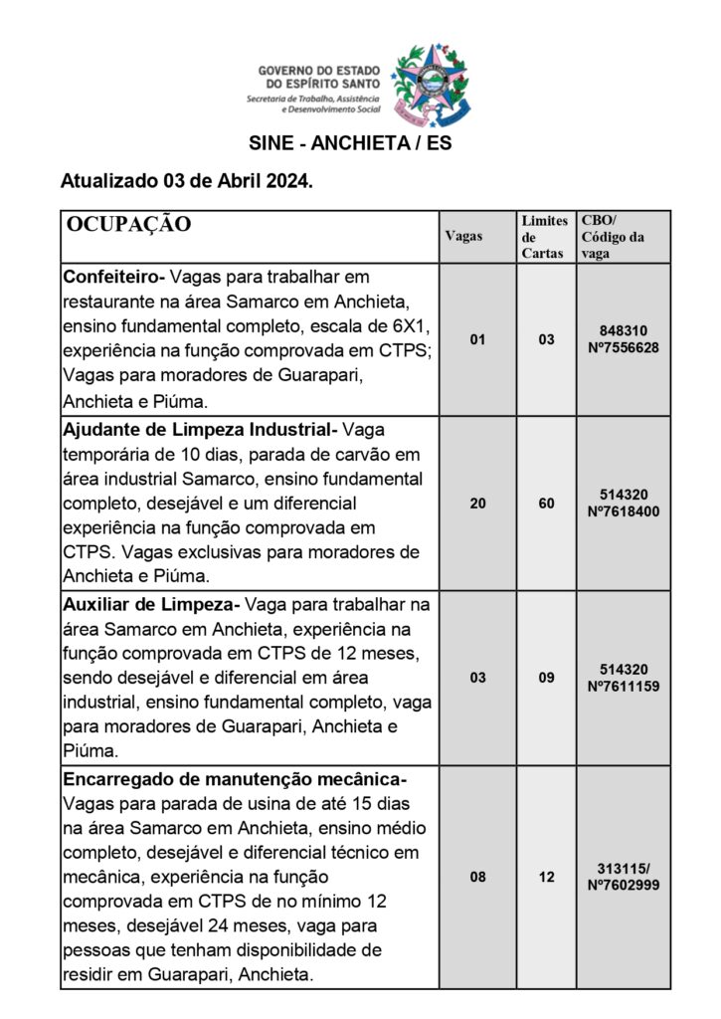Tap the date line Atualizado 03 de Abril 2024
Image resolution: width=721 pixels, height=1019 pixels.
[x=187, y=182]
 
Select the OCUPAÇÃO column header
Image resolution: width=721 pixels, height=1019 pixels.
[x=129, y=224]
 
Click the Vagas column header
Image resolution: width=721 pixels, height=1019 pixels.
[x=463, y=236]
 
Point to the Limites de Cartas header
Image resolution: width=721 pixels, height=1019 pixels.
[x=544, y=236]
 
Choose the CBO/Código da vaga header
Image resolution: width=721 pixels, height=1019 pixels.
[x=612, y=236]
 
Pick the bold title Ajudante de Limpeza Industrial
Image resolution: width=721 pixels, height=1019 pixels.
[x=199, y=429]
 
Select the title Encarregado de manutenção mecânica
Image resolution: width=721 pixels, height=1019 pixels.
[x=235, y=779]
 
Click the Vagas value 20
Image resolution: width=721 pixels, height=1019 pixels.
[x=478, y=504]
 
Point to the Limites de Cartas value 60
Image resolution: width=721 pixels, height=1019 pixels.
[x=546, y=504]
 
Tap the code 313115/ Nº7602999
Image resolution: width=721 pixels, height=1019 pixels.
[x=624, y=877]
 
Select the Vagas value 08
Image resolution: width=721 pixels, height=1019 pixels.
[x=478, y=877]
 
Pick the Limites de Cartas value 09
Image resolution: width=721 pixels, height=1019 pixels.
[x=546, y=678]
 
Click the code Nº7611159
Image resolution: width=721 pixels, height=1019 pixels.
[x=624, y=687]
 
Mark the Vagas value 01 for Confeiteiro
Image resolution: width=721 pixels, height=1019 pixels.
[x=478, y=339]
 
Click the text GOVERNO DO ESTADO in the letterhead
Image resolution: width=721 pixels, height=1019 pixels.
[x=313, y=72]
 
